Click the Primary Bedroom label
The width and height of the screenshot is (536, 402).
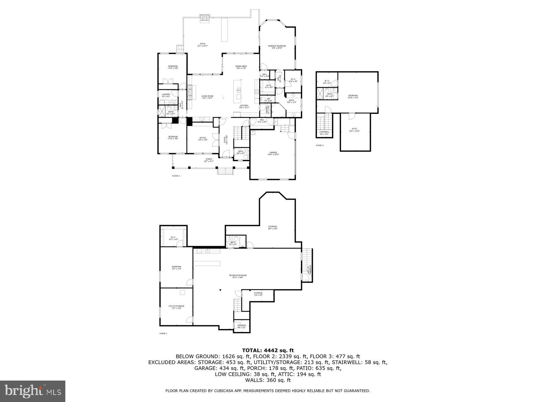pos(277,46)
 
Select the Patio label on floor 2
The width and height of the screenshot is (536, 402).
pos(202,44)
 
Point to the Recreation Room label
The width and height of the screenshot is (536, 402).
pos(238,276)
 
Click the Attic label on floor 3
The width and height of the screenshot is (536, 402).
pos(354,129)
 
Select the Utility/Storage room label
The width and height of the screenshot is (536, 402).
pos(176,306)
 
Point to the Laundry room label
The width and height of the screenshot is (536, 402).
pos(166,95)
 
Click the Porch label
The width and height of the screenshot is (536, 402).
pos(209,159)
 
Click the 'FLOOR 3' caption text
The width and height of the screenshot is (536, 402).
pos(320,145)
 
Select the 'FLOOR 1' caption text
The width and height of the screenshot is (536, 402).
pos(163,334)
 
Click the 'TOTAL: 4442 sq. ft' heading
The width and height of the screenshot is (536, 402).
pos(268,350)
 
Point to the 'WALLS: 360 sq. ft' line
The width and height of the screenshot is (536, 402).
pos(268,380)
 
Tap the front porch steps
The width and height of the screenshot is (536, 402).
pos(225,171)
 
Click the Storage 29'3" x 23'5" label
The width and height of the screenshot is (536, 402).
pos(272,227)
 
